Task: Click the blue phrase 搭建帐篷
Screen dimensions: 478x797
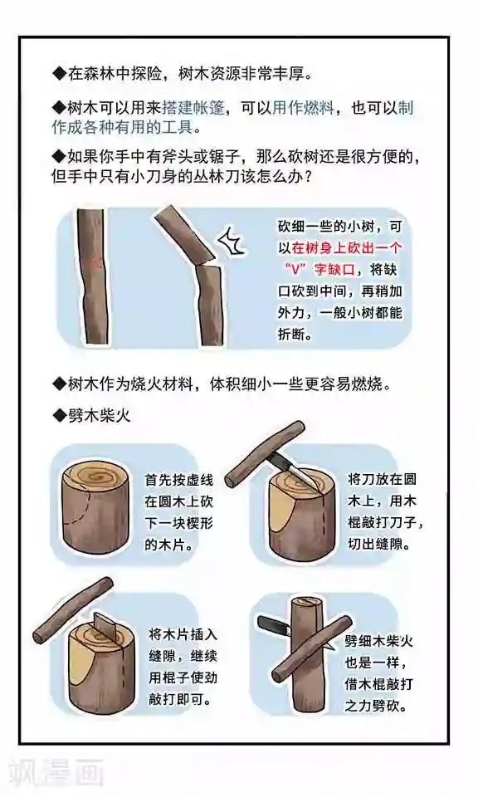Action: click(x=193, y=108)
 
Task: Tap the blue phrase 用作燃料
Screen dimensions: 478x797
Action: click(x=303, y=108)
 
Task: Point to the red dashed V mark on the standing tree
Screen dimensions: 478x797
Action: click(x=94, y=264)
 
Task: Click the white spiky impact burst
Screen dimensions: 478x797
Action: click(x=232, y=242)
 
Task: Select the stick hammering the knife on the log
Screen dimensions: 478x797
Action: click(x=264, y=453)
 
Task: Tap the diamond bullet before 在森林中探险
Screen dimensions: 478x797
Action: click(x=60, y=74)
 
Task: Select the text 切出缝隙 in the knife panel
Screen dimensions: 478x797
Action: click(x=378, y=544)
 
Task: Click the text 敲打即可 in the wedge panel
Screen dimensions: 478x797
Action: click(x=179, y=699)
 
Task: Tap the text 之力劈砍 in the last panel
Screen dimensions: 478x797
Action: click(x=376, y=706)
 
